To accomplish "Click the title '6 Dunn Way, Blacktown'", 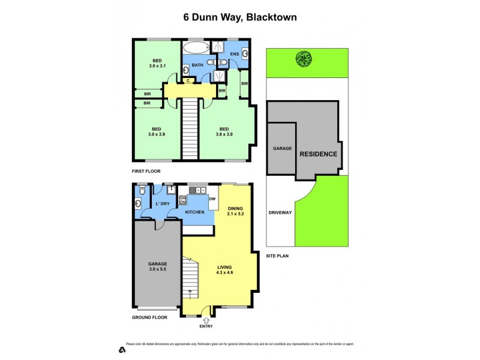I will [x=240, y=17].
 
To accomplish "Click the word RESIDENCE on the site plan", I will [x=319, y=154].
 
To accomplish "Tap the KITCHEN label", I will [x=195, y=212].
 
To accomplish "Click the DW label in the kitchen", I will [x=211, y=199].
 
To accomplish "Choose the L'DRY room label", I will [x=162, y=204].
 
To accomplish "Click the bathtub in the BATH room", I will [x=195, y=48].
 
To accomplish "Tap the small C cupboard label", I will [x=188, y=80].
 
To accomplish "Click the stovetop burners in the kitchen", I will [x=183, y=200].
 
